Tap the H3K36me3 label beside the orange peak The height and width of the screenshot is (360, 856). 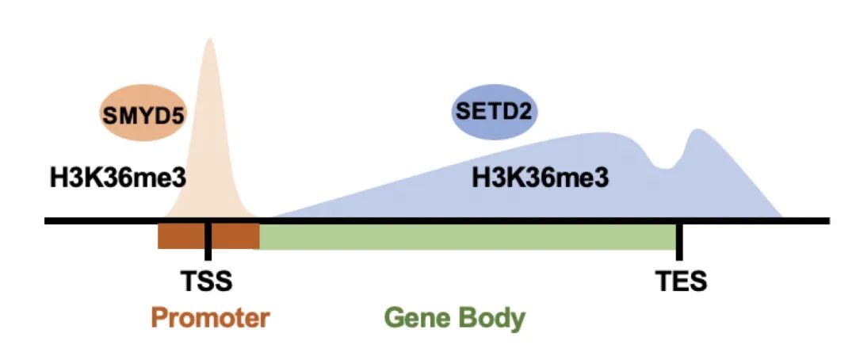[x=117, y=176]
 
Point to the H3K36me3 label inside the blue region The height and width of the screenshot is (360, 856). [x=541, y=176]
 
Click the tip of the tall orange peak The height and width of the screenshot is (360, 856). [x=209, y=40]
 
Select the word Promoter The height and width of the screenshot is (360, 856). [x=210, y=318]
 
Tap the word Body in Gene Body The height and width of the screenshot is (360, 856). [x=492, y=318]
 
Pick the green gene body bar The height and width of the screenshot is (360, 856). [x=468, y=236]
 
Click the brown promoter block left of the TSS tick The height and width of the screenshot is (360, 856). [x=182, y=236]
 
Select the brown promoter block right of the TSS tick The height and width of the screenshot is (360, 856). [x=234, y=236]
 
